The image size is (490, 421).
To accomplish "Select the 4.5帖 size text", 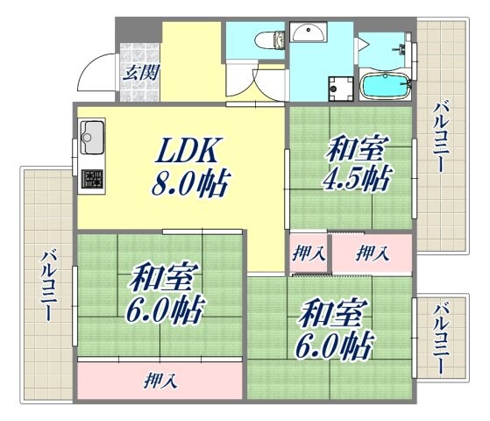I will tap(356, 180).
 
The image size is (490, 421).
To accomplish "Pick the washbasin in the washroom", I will tap(308, 33).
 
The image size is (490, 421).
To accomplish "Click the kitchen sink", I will tap(91, 137).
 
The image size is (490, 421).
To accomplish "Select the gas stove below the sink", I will tap(91, 179).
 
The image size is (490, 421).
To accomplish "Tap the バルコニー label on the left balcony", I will tap(48, 284).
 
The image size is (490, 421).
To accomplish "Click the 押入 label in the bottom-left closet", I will tap(159, 382).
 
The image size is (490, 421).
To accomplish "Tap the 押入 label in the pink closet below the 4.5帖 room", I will tap(372, 253).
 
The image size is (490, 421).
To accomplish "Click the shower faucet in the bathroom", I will tap(402, 48).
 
